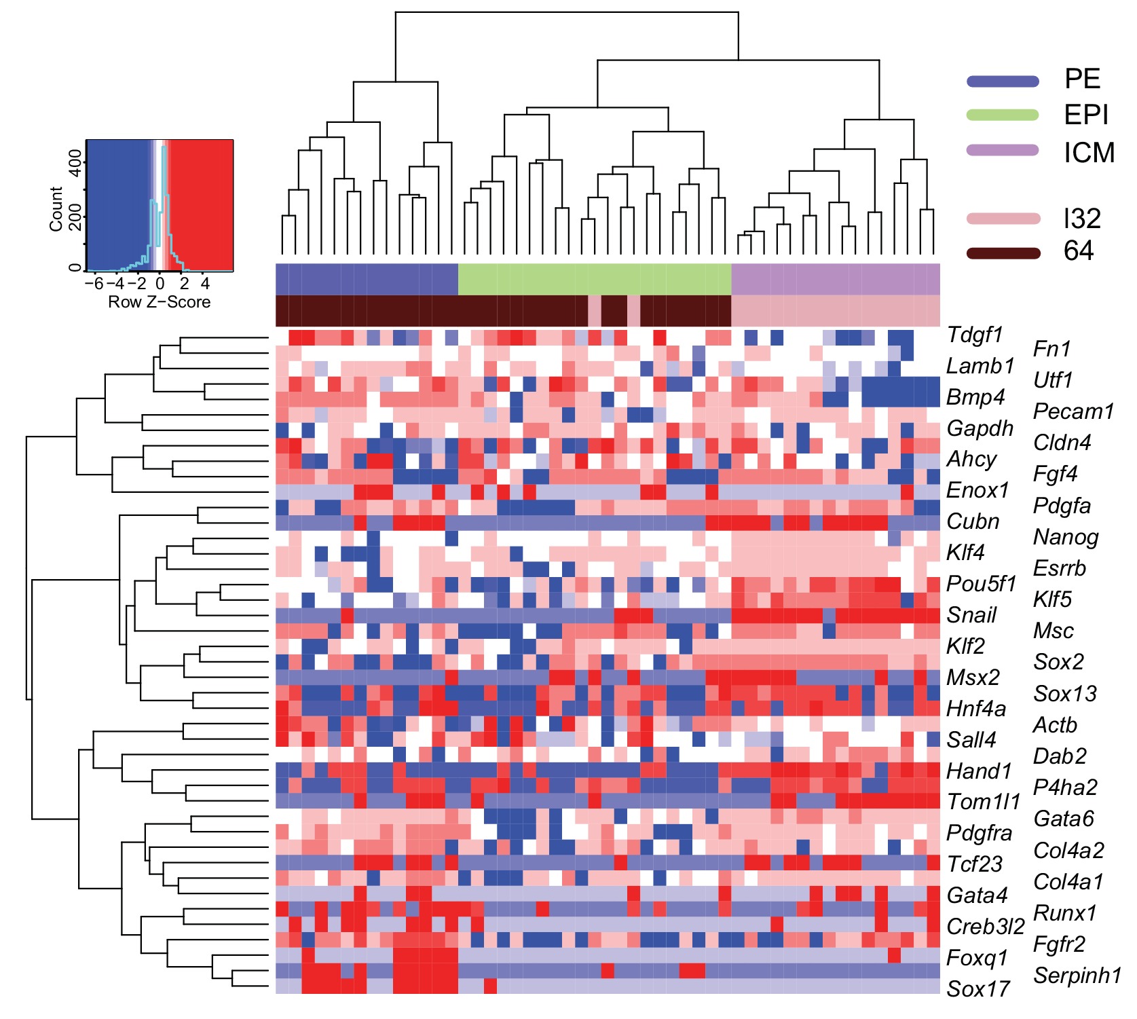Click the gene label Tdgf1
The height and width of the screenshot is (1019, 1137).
click(974, 335)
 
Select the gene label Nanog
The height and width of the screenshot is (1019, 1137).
click(1065, 537)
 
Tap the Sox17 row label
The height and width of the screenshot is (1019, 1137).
click(977, 988)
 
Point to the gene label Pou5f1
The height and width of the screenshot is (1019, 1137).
click(981, 584)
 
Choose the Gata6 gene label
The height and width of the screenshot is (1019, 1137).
click(1063, 819)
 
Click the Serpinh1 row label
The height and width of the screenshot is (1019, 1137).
click(1077, 976)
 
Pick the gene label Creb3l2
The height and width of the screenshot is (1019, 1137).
click(985, 926)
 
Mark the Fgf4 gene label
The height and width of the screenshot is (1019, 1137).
click(1055, 474)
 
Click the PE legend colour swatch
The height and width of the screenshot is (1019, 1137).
click(1003, 81)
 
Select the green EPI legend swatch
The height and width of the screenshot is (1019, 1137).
click(1003, 115)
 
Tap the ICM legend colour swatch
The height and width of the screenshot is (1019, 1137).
click(1003, 150)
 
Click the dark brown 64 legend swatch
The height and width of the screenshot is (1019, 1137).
click(1003, 253)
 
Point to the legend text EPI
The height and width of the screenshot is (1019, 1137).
click(1085, 115)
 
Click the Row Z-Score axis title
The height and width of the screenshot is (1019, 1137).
click(160, 302)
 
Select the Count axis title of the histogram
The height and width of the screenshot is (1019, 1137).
click(56, 208)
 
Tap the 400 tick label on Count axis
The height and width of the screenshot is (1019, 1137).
click(76, 163)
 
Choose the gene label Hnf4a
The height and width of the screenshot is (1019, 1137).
click(975, 709)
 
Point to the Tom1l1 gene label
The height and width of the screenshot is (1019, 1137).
click(984, 802)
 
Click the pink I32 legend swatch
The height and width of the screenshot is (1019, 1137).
click(1003, 219)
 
